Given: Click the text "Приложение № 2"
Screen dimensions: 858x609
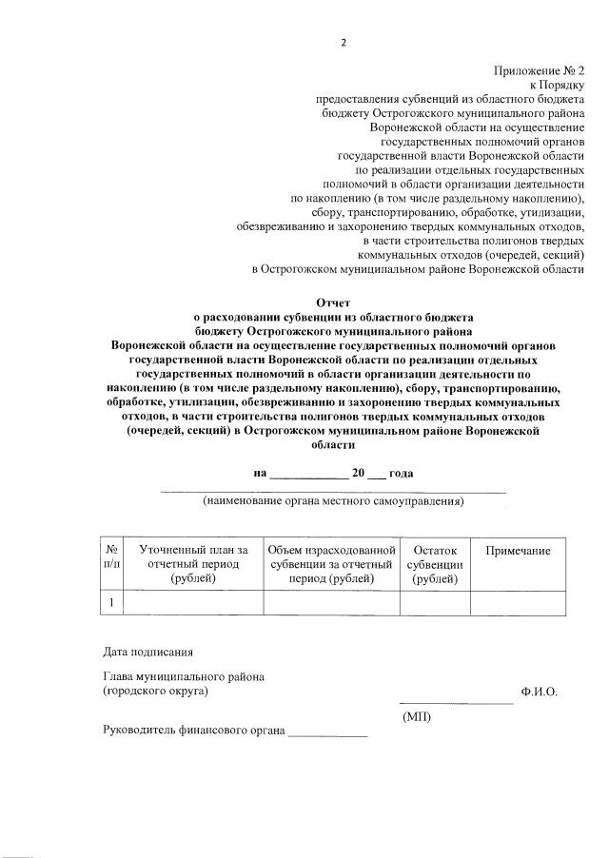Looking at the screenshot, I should tap(539, 71).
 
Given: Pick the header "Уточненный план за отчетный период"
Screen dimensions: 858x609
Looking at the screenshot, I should tap(193, 564).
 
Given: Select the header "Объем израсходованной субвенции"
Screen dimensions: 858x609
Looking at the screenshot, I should tap(330, 564).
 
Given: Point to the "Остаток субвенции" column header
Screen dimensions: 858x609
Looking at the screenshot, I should tap(435, 564).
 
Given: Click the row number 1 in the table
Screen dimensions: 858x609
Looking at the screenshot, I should tap(111, 602).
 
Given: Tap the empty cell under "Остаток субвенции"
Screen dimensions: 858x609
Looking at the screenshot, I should tap(435, 602).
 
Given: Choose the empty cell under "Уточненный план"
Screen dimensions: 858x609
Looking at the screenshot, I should tap(193, 602).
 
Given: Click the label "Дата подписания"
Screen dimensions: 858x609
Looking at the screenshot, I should tap(147, 653).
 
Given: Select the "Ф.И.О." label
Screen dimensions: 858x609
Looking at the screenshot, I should tap(539, 692).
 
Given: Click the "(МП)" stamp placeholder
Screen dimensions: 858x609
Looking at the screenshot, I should tap(417, 715).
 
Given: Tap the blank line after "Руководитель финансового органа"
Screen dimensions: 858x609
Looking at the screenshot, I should tap(327, 734).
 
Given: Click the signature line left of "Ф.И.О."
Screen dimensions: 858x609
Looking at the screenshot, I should tap(455, 700).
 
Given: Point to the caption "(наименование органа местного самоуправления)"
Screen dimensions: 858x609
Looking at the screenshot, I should tap(332, 501).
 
